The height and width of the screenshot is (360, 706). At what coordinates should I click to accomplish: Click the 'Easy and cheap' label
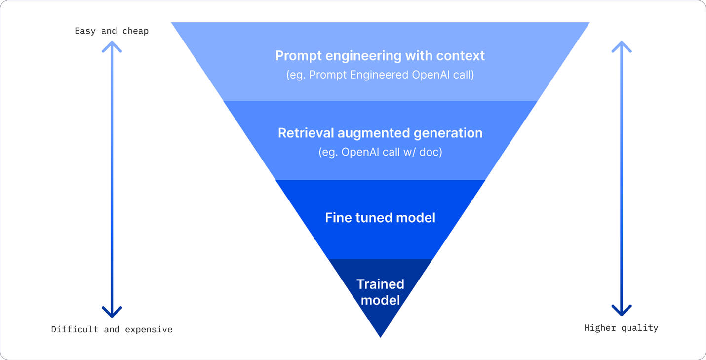pyautogui.click(x=112, y=31)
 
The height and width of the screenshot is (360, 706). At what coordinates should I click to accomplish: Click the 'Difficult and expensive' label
pyautogui.click(x=112, y=329)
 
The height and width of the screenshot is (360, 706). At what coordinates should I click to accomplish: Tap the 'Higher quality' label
pyautogui.click(x=621, y=328)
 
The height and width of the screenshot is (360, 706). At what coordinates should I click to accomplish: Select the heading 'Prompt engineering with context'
pyautogui.click(x=380, y=56)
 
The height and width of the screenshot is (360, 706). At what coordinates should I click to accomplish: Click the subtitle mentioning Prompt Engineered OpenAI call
pyautogui.click(x=380, y=76)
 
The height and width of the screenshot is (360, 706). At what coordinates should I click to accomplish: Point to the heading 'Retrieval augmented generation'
pyautogui.click(x=380, y=133)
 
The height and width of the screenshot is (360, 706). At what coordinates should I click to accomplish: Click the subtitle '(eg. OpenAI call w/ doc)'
pyautogui.click(x=380, y=152)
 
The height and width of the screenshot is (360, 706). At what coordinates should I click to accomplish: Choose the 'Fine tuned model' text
pyautogui.click(x=380, y=218)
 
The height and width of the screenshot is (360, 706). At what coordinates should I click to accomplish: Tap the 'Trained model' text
pyautogui.click(x=380, y=292)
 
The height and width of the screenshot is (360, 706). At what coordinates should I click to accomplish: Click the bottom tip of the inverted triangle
pyautogui.click(x=380, y=335)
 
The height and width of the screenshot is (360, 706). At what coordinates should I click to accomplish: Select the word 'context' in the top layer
pyautogui.click(x=460, y=56)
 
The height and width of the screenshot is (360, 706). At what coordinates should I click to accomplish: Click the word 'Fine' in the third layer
pyautogui.click(x=338, y=218)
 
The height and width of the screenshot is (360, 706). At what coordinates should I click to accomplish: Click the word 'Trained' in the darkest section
pyautogui.click(x=380, y=284)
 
